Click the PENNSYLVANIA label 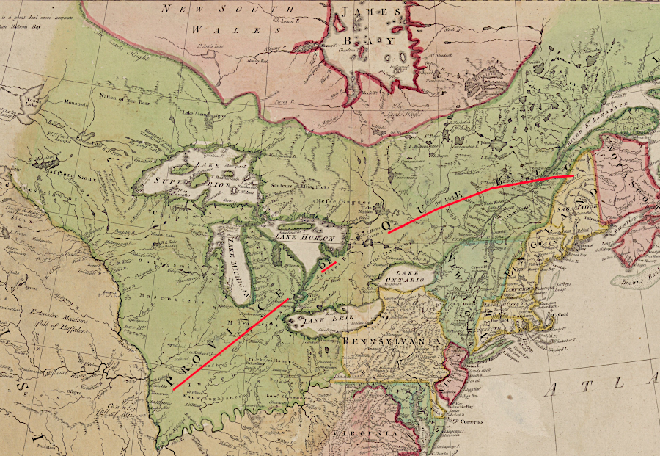pos(389,343)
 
